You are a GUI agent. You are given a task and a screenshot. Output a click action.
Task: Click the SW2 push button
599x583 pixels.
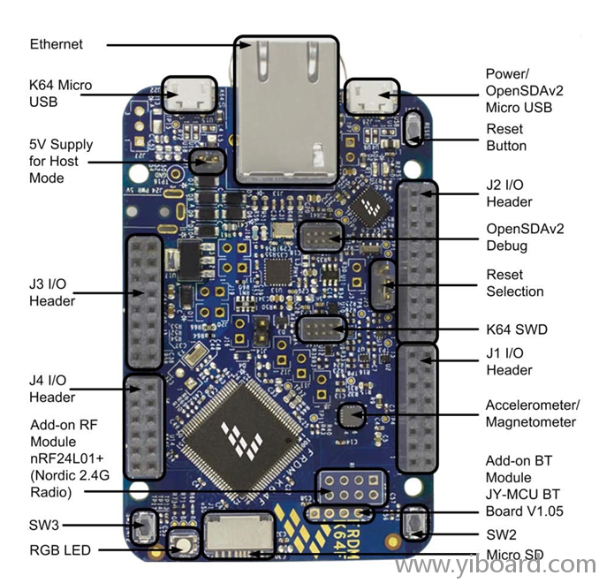(x=415, y=523)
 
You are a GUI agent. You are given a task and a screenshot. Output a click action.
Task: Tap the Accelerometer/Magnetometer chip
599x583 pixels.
(x=353, y=413)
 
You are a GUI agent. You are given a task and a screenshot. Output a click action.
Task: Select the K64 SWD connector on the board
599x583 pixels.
(x=321, y=329)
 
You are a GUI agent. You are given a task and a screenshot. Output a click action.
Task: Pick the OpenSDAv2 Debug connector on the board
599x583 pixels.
(x=321, y=237)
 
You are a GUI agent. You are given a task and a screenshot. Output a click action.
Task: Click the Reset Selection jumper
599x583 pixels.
(x=382, y=284)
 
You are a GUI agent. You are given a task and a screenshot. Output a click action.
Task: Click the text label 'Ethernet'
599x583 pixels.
(x=57, y=43)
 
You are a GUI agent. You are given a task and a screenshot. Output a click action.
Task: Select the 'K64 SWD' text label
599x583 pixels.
(x=517, y=329)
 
